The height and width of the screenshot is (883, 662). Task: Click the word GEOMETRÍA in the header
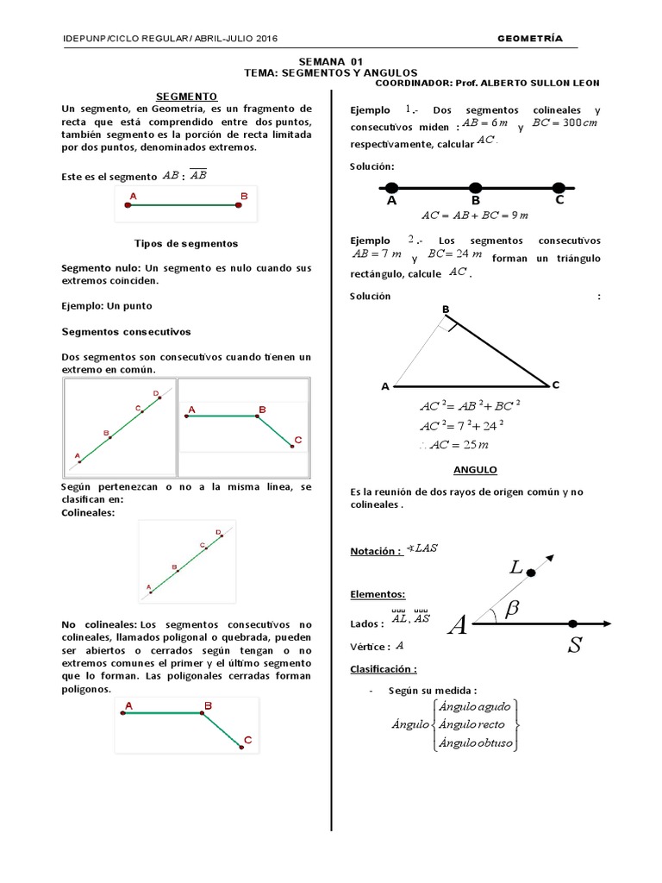click(x=530, y=39)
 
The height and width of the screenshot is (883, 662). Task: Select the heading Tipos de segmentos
click(x=186, y=244)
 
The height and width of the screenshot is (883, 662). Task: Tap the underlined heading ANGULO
click(x=475, y=470)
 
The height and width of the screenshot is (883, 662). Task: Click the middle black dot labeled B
click(x=475, y=188)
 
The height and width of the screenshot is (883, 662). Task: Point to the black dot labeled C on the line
click(x=559, y=188)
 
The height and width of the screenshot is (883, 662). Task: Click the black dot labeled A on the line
click(x=391, y=188)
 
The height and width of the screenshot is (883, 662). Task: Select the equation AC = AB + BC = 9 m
click(x=474, y=216)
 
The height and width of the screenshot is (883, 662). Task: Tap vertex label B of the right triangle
click(x=446, y=309)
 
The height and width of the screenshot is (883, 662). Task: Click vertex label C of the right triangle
click(x=556, y=385)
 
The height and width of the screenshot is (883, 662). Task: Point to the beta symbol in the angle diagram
click(x=512, y=609)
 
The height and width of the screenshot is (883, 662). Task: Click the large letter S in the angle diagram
click(x=573, y=647)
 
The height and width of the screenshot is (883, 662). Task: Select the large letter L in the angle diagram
click(x=515, y=567)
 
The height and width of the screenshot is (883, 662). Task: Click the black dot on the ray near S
click(x=573, y=623)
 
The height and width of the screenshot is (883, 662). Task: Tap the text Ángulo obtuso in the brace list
click(x=475, y=742)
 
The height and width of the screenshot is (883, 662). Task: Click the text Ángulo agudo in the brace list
click(x=475, y=706)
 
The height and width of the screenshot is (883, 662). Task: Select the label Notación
click(x=376, y=552)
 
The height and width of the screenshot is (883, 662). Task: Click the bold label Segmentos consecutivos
click(x=127, y=331)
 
